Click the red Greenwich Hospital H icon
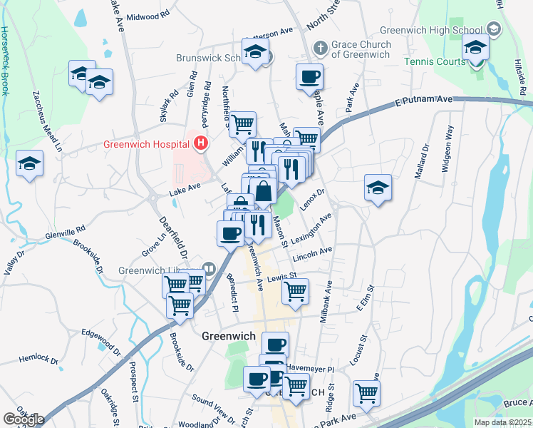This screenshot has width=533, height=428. pyautogui.click(x=201, y=143)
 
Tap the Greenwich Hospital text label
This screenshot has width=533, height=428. pyautogui.click(x=147, y=143)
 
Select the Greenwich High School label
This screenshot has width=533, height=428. pyautogui.click(x=434, y=31)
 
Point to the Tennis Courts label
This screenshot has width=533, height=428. pyautogui.click(x=435, y=62)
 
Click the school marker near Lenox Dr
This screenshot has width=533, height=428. pyautogui.click(x=378, y=188)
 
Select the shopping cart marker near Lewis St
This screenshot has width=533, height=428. pyautogui.click(x=295, y=291)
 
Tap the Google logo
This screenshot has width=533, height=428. pyautogui.click(x=24, y=419)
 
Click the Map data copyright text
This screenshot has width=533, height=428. pyautogui.click(x=502, y=422)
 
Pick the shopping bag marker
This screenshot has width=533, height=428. pyautogui.click(x=263, y=191)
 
